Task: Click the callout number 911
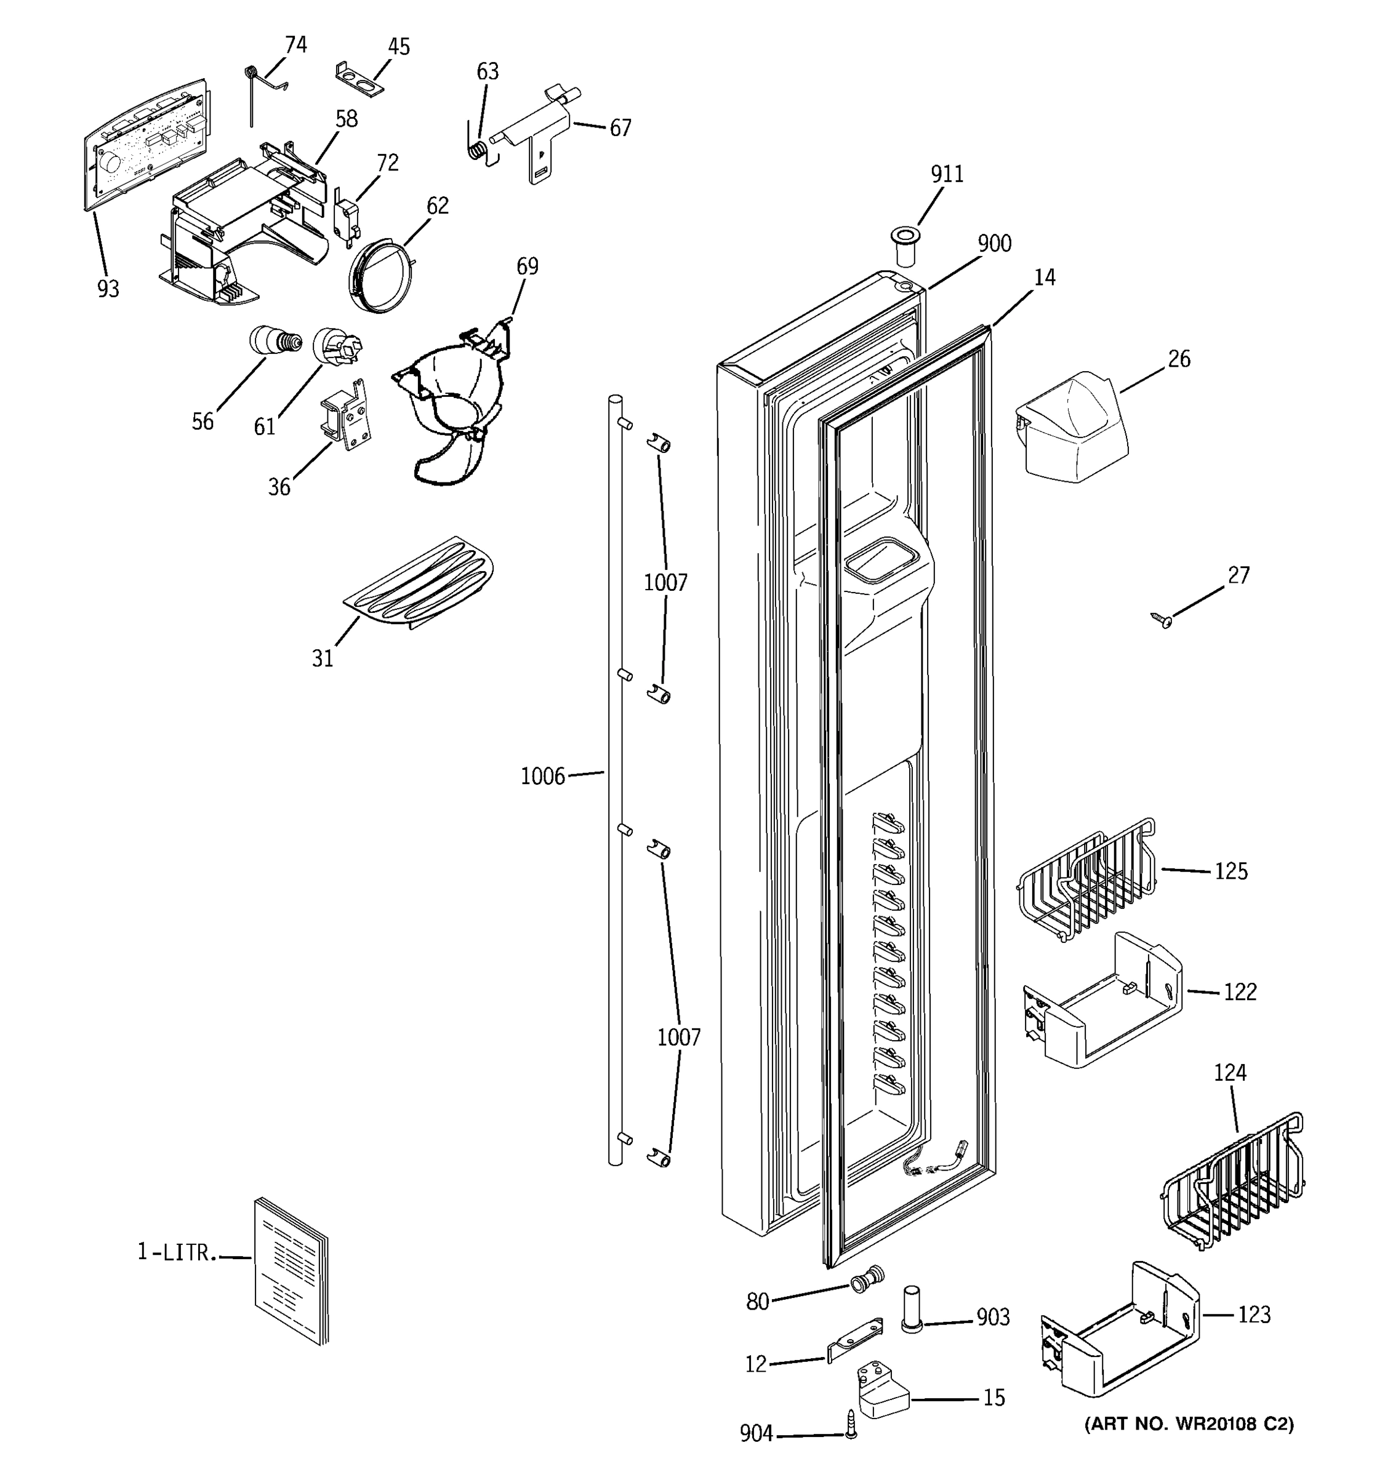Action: [x=947, y=174]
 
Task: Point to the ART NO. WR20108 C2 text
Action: [x=1189, y=1423]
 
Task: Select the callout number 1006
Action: [x=542, y=777]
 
